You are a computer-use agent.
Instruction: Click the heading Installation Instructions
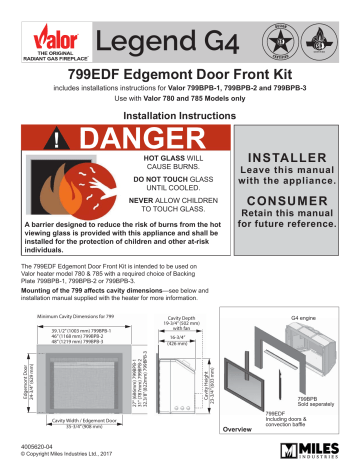point(179,116)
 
